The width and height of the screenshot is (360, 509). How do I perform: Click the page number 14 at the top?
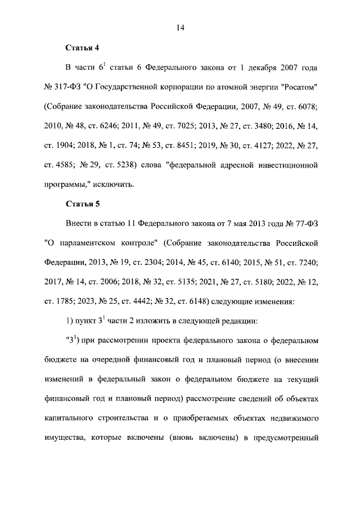click(180, 27)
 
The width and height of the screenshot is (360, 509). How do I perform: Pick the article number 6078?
click(308, 107)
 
